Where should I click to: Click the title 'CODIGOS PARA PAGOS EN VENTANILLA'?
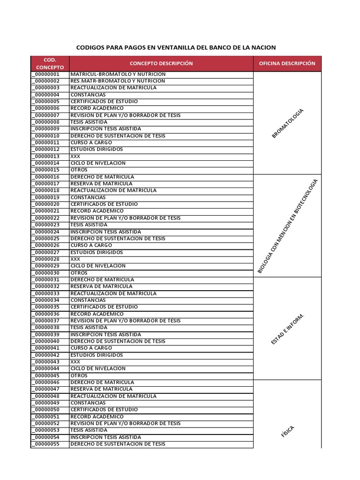coord(176,47)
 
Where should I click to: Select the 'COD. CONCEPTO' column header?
coord(50,64)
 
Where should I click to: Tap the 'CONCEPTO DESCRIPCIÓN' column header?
coord(161,64)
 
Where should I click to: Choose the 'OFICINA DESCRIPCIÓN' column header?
coord(287,64)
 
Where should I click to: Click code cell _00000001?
coord(46,74)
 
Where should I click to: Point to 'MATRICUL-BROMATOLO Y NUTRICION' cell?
coord(118,74)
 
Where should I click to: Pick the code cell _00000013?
coord(46,156)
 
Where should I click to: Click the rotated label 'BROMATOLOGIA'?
coord(288,123)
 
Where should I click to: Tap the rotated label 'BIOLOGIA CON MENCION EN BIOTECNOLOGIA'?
coord(288,226)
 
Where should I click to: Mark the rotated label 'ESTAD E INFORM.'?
coord(288,329)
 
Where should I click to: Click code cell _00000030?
coord(46,273)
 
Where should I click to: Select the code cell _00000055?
coord(46,444)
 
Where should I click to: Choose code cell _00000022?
coord(46,218)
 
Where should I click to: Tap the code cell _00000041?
coord(46,348)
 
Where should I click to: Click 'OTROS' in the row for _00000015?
coord(79,170)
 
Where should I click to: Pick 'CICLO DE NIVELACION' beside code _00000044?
coord(98,368)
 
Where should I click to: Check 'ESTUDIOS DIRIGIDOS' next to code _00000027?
coord(97,252)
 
